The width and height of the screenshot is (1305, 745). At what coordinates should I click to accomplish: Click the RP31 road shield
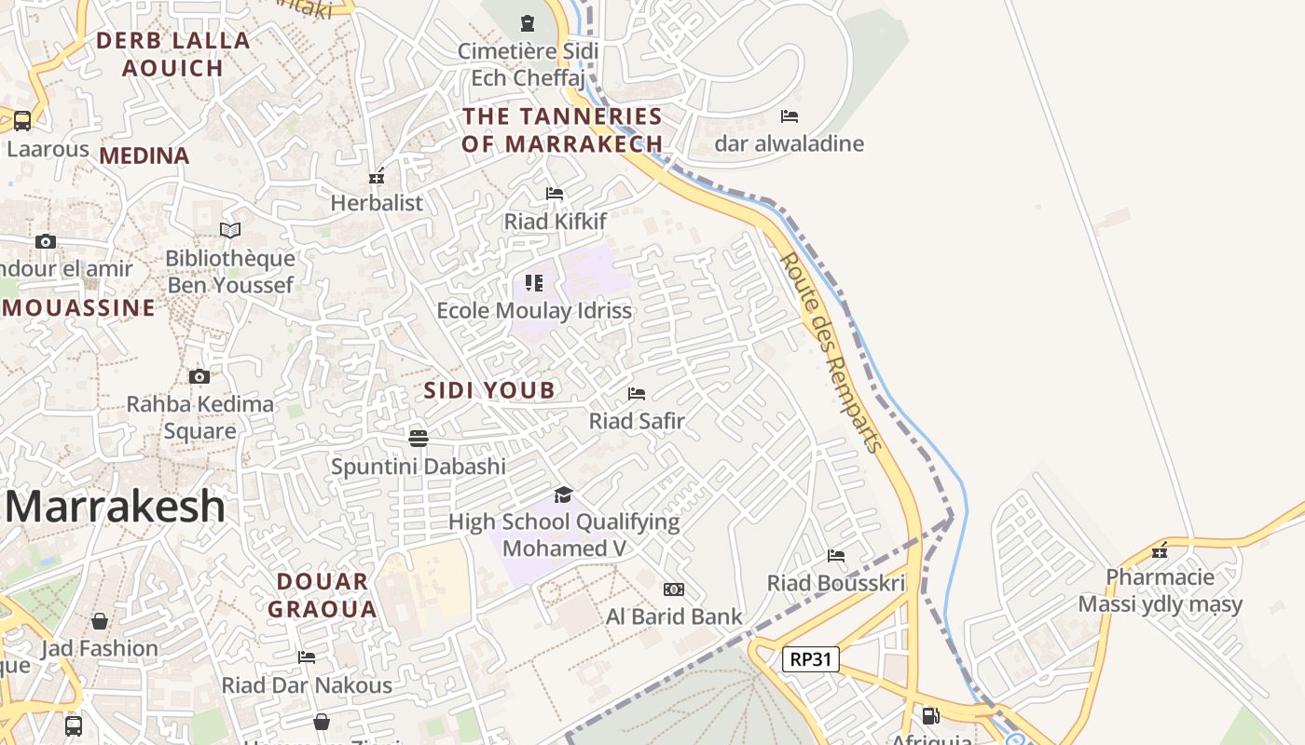(810, 659)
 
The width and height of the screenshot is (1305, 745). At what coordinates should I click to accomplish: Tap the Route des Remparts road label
(831, 353)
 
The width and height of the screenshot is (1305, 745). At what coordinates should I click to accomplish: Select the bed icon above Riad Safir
(637, 394)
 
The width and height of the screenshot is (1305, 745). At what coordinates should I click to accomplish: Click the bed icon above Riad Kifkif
(555, 194)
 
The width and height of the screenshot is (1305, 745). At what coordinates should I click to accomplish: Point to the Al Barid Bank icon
(674, 589)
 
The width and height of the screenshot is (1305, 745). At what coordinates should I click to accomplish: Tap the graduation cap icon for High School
(563, 494)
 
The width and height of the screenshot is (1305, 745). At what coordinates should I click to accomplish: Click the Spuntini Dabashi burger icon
(419, 439)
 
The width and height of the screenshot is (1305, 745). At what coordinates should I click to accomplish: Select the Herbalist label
(377, 202)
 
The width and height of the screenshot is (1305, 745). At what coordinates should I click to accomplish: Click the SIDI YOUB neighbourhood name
(489, 390)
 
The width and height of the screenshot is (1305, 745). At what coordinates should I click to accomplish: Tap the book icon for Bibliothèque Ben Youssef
(230, 230)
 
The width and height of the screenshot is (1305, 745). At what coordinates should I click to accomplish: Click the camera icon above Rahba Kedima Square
(199, 377)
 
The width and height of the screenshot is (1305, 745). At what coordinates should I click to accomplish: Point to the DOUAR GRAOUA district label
(323, 596)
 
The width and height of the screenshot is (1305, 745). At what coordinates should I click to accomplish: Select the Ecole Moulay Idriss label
(534, 310)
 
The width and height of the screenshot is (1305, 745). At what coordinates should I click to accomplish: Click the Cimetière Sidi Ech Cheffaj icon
(528, 22)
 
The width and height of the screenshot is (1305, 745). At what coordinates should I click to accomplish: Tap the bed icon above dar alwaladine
(790, 116)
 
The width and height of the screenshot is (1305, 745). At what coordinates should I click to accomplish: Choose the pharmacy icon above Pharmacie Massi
(1160, 550)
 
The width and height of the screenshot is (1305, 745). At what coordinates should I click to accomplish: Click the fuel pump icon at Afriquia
(929, 716)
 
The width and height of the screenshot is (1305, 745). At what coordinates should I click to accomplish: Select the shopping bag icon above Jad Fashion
(100, 621)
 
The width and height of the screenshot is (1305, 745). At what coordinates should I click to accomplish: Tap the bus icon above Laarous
(21, 121)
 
